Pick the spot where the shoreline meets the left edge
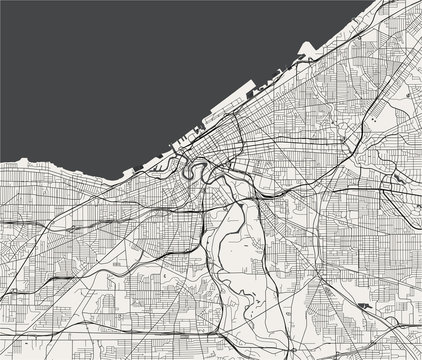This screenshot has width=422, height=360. coord(2,160)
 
